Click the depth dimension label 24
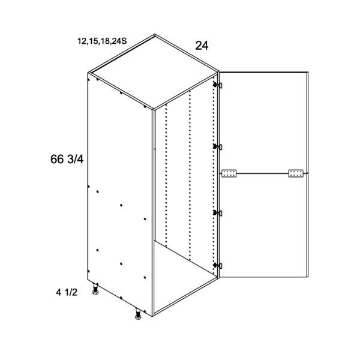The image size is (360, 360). click(x=202, y=46)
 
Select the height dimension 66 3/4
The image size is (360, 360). click(x=67, y=159)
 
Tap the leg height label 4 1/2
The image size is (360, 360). click(x=67, y=293)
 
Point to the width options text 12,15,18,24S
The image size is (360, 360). click(x=102, y=41)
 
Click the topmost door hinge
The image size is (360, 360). click(x=218, y=85)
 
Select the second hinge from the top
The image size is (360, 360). click(x=218, y=146)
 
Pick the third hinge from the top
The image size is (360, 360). click(x=218, y=213)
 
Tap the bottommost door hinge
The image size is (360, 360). click(x=218, y=266)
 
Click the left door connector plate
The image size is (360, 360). click(x=229, y=173)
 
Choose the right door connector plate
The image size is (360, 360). click(x=296, y=173)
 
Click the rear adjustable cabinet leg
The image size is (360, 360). click(x=95, y=289)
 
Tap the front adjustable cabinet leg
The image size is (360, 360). click(x=138, y=314)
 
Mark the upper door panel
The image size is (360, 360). click(x=263, y=122)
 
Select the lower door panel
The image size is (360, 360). click(x=263, y=225)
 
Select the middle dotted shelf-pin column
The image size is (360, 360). click(x=190, y=176)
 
